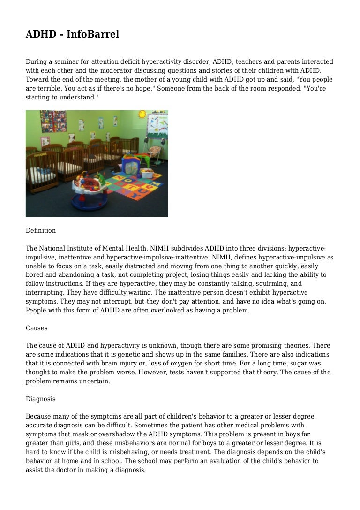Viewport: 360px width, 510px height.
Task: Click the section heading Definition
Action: (x=41, y=230)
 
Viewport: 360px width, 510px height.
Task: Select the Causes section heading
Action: (x=37, y=328)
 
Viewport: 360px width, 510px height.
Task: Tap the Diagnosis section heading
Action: (x=41, y=399)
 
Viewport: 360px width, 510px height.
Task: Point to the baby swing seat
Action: (x=154, y=149)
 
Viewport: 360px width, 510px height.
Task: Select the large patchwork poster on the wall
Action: (x=47, y=122)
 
